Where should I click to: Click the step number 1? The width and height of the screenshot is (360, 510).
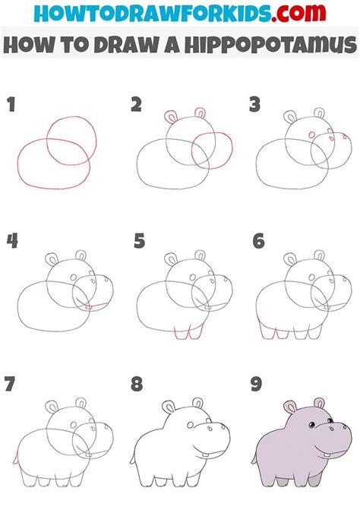tap(11, 104)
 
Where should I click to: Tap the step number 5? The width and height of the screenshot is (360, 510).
tap(140, 241)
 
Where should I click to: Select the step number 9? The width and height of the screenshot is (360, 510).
tap(256, 384)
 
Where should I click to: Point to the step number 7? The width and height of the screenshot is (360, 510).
tap(9, 384)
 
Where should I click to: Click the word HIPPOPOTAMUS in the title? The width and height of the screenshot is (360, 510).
tap(271, 45)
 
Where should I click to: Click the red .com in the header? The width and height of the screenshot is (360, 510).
tap(298, 13)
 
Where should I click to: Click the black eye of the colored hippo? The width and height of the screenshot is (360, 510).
tap(311, 424)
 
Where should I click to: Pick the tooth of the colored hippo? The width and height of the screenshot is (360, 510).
tap(327, 454)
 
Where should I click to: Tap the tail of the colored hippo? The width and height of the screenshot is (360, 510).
tap(254, 459)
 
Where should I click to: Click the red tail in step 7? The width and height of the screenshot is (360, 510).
tap(15, 458)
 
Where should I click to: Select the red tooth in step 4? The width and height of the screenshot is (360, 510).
tap(88, 307)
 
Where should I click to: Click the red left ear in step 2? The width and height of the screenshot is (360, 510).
tap(171, 117)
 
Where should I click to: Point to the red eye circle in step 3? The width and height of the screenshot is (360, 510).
tap(312, 135)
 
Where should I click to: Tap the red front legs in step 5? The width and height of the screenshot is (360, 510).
tap(189, 331)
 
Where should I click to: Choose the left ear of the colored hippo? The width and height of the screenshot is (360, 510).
tap(289, 407)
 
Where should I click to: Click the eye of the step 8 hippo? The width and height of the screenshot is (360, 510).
tap(191, 425)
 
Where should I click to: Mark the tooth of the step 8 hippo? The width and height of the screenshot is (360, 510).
tap(206, 455)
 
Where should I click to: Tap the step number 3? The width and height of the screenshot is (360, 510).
tap(254, 104)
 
